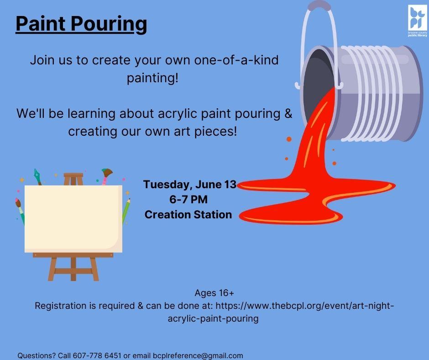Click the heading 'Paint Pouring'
[x=81, y=24]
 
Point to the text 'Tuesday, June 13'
[x=189, y=185]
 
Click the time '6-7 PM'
[x=188, y=199]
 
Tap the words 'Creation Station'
[x=188, y=214]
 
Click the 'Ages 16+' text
[x=214, y=293]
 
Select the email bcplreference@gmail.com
[x=198, y=355]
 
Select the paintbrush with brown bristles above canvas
[x=106, y=175]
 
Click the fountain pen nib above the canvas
[x=37, y=176]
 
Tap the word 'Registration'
[x=62, y=306]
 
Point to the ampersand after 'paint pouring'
[x=288, y=113]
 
